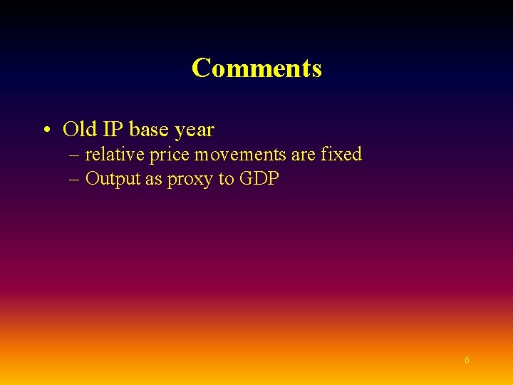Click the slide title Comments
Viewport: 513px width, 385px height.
pos(256,68)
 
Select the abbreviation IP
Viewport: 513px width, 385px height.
pos(113,130)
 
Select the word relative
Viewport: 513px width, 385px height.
pos(115,154)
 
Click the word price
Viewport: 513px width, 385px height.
pos(168,155)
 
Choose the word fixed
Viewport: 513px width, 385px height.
pos(341,154)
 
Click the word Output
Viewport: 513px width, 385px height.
pos(113,179)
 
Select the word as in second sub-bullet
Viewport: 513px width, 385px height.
pos(154,179)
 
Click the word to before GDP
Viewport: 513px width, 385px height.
pos(226,179)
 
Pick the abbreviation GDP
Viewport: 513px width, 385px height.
pos(259,179)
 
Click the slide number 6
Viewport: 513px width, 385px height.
pos(467,360)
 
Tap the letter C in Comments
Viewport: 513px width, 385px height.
pos(201,68)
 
